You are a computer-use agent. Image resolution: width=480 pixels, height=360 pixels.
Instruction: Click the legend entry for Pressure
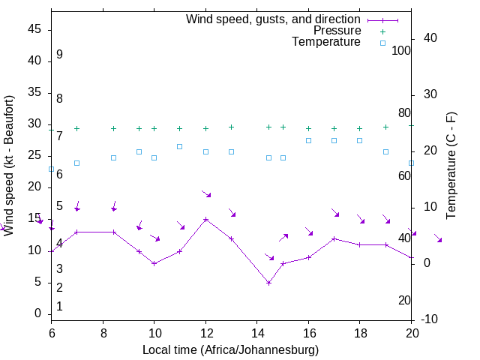[337, 31]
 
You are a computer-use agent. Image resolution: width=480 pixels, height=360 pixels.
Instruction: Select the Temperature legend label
[326, 42]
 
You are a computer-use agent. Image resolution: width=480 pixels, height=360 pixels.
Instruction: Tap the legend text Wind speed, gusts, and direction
[273, 19]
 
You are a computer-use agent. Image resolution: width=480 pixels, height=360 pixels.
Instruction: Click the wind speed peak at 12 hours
[205, 220]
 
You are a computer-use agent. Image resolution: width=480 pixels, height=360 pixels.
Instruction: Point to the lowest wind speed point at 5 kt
[268, 283]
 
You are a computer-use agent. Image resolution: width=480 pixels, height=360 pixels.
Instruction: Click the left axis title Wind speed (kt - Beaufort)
[10, 166]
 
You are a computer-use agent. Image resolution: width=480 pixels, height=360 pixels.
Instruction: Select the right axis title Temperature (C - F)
[451, 166]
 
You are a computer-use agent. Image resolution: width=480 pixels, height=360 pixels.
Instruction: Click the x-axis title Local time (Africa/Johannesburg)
[231, 349]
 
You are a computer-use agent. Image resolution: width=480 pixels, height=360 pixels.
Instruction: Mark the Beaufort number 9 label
[59, 55]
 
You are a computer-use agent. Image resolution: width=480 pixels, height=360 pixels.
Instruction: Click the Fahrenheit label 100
[402, 50]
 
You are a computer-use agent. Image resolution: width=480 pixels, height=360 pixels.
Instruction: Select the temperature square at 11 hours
[180, 146]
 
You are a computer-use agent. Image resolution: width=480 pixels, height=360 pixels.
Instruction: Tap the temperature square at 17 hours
[334, 140]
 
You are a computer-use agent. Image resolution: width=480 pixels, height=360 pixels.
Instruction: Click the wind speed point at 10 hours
[154, 263]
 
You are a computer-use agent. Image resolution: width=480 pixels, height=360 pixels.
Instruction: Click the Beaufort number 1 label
[59, 306]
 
